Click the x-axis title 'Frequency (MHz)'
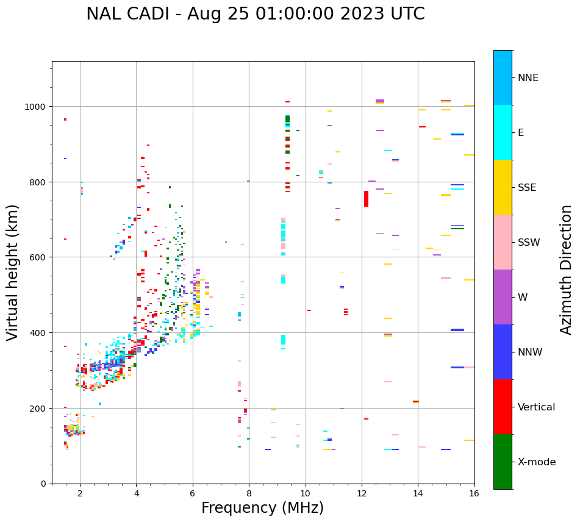click(x=262, y=508)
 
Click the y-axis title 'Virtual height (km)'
click(x=13, y=272)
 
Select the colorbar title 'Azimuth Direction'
click(x=566, y=270)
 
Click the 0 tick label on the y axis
click(x=43, y=484)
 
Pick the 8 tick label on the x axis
click(x=249, y=494)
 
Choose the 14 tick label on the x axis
click(x=418, y=494)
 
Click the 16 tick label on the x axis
click(x=474, y=494)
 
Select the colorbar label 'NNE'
click(x=528, y=78)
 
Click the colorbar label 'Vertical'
click(x=536, y=407)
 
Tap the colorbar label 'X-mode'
click(x=537, y=462)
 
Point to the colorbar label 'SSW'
click(x=529, y=243)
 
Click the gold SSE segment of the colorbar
click(x=503, y=187)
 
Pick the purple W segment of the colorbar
click(x=503, y=297)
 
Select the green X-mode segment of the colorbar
click(x=503, y=462)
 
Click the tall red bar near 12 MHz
click(x=366, y=199)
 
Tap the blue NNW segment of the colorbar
click(x=503, y=352)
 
